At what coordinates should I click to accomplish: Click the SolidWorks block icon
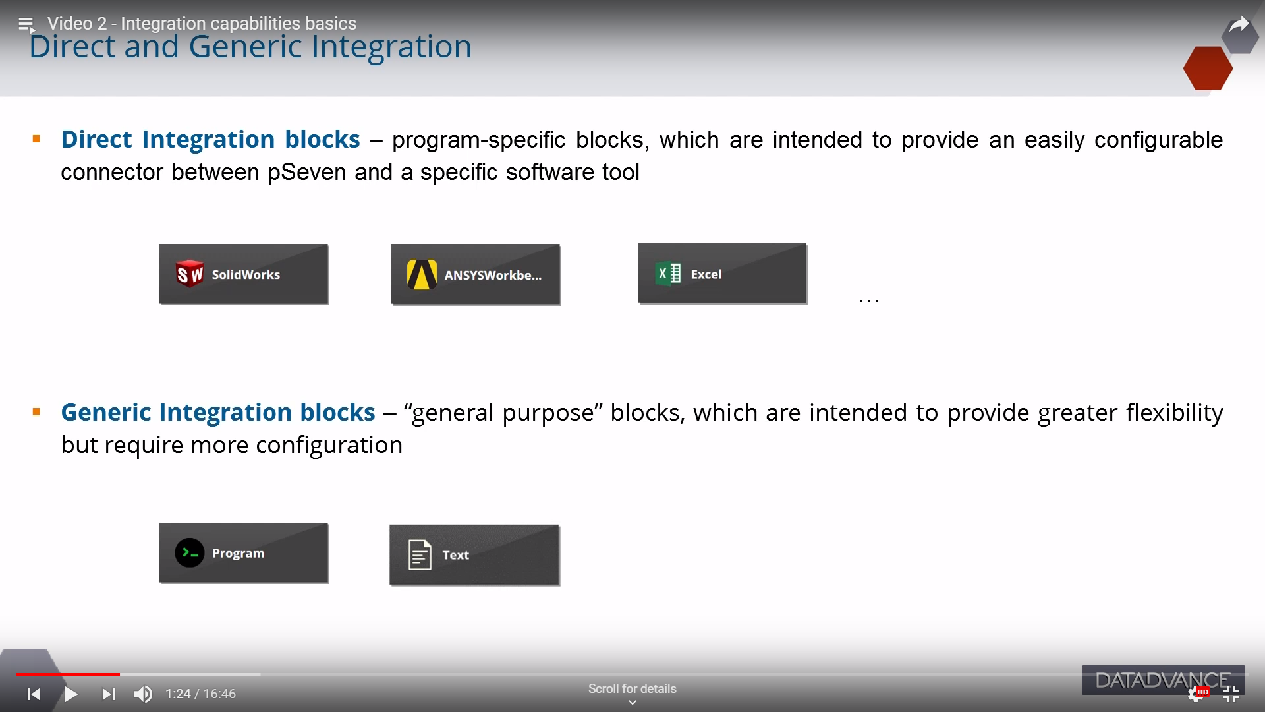click(x=190, y=274)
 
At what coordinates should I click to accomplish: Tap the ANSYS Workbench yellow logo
click(x=422, y=275)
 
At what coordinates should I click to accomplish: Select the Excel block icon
click(x=668, y=274)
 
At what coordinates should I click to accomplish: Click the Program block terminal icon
click(x=190, y=553)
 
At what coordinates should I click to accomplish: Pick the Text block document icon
click(x=420, y=554)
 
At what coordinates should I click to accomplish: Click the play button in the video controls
click(x=71, y=694)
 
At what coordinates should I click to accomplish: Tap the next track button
click(x=109, y=694)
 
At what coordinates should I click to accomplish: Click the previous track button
click(x=34, y=694)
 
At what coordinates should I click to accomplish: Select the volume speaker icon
click(x=143, y=694)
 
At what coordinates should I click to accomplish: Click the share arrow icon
click(x=1239, y=26)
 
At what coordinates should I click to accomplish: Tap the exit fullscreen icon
click(x=1231, y=694)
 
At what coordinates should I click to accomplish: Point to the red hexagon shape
click(x=1208, y=68)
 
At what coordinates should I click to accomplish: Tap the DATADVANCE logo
click(x=1163, y=680)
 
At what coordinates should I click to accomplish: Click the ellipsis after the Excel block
click(x=869, y=301)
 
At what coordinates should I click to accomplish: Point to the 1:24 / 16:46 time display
click(x=200, y=694)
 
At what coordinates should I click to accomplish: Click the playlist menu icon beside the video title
click(x=26, y=25)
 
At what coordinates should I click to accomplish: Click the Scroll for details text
click(x=632, y=689)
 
